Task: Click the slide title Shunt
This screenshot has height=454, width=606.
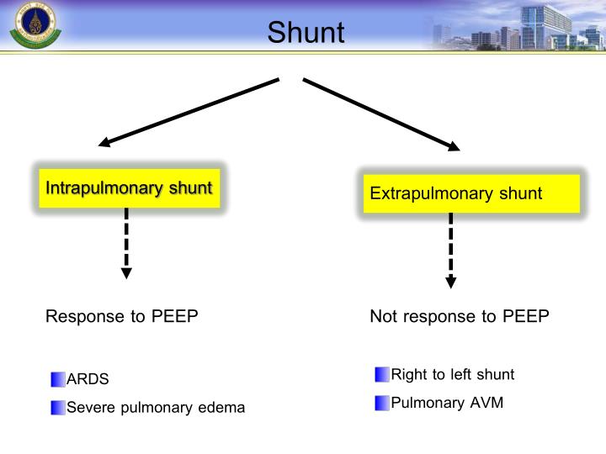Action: pos(306,32)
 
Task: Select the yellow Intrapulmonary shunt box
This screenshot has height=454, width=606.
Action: pos(129,187)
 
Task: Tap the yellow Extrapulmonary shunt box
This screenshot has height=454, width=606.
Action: pos(470,194)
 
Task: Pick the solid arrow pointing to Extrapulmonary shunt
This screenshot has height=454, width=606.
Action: pos(381,114)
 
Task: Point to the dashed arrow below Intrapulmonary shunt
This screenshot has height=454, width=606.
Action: pos(126,243)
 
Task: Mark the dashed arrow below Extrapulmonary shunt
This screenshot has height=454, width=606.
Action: pos(451,251)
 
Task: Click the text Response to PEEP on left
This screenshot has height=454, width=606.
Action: pos(121,317)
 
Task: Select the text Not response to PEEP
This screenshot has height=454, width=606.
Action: pos(459,317)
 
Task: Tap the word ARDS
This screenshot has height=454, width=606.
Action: pos(88,379)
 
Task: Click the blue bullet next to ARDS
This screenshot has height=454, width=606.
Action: pos(57,379)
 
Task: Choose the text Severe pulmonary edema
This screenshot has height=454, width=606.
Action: pos(156,408)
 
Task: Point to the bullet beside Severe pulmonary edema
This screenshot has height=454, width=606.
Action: pos(57,408)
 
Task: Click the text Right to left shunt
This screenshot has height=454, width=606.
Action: pos(452,374)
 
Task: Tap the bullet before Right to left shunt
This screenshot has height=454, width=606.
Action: pos(382,374)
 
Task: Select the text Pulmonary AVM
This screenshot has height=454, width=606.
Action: pos(447,402)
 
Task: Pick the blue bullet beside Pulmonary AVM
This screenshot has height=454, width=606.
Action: pos(382,402)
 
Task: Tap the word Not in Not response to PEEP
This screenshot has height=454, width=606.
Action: pos(385,317)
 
